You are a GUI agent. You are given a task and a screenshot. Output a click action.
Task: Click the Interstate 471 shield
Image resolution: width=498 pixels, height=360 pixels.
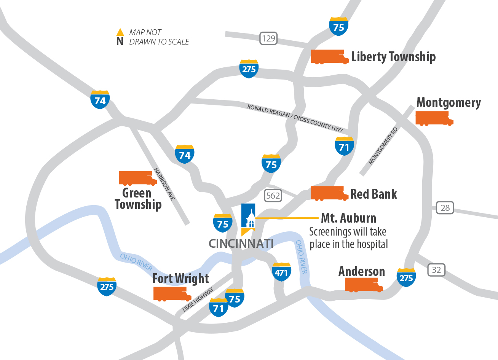coord(281,272)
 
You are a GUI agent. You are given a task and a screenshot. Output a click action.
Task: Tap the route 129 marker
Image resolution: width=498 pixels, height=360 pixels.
coord(268,38)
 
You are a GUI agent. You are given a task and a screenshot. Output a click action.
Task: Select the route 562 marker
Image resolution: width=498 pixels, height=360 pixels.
coord(273,196)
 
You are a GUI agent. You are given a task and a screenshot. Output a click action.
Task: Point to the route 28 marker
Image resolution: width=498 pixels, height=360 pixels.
coord(445,208)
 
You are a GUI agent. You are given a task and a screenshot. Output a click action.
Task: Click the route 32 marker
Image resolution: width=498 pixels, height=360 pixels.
coord(436,270)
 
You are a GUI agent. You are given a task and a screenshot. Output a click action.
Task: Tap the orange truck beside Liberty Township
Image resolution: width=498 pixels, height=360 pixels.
coord(329,57)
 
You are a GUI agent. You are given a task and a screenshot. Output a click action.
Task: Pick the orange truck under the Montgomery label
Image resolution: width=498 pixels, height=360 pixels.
coord(434,118)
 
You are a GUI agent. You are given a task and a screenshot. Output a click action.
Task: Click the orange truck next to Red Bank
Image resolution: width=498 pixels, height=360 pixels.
coord(329,193)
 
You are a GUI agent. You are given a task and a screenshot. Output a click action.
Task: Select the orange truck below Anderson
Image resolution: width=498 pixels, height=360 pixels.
coord(363,285)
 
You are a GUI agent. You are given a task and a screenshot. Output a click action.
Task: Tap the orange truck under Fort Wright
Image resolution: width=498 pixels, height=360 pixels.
coord(172,294)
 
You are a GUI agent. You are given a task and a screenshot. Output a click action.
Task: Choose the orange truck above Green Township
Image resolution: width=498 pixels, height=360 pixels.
coord(137,178)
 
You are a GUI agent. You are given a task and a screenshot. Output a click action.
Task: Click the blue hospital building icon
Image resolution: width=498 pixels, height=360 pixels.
coord(248,218)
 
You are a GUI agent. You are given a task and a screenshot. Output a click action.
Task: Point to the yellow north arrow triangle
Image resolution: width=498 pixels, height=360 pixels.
coord(120,32)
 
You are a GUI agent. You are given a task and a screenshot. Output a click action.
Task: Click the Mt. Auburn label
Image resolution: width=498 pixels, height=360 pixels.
coord(348,218)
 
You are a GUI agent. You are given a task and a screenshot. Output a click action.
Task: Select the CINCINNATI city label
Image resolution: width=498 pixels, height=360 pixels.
coord(241,244)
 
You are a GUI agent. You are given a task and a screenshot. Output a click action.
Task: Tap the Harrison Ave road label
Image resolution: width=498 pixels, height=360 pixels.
coord(164,184)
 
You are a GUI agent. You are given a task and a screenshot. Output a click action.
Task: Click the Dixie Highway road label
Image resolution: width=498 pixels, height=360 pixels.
coord(198,299)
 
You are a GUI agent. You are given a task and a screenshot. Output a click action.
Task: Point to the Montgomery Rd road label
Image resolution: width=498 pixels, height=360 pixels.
coord(383,146)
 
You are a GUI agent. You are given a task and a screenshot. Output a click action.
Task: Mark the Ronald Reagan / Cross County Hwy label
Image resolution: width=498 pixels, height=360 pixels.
coord(295,118)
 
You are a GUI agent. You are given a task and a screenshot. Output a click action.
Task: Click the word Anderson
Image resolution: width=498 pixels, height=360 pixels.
coord(362,271)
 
